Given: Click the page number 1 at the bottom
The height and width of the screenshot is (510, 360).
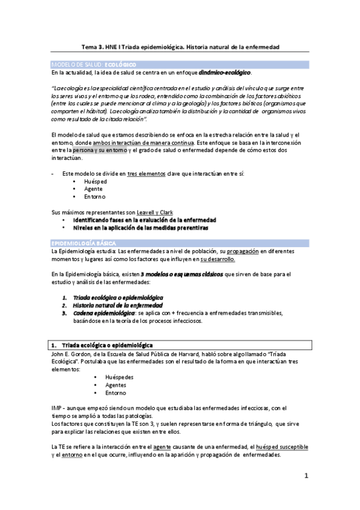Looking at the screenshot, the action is click(x=305, y=476).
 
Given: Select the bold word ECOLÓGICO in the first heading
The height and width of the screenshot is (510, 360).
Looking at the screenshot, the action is click(x=120, y=64).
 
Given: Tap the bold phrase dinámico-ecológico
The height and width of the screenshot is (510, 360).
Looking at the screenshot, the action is click(x=224, y=72).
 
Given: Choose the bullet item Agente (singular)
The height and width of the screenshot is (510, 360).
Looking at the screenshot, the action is click(x=94, y=189).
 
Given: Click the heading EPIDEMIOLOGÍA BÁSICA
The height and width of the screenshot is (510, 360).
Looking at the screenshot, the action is click(x=81, y=241).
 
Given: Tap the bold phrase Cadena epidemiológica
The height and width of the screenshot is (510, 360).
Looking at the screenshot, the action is click(x=104, y=313).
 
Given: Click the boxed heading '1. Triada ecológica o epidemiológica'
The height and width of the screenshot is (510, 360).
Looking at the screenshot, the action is click(x=102, y=345).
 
